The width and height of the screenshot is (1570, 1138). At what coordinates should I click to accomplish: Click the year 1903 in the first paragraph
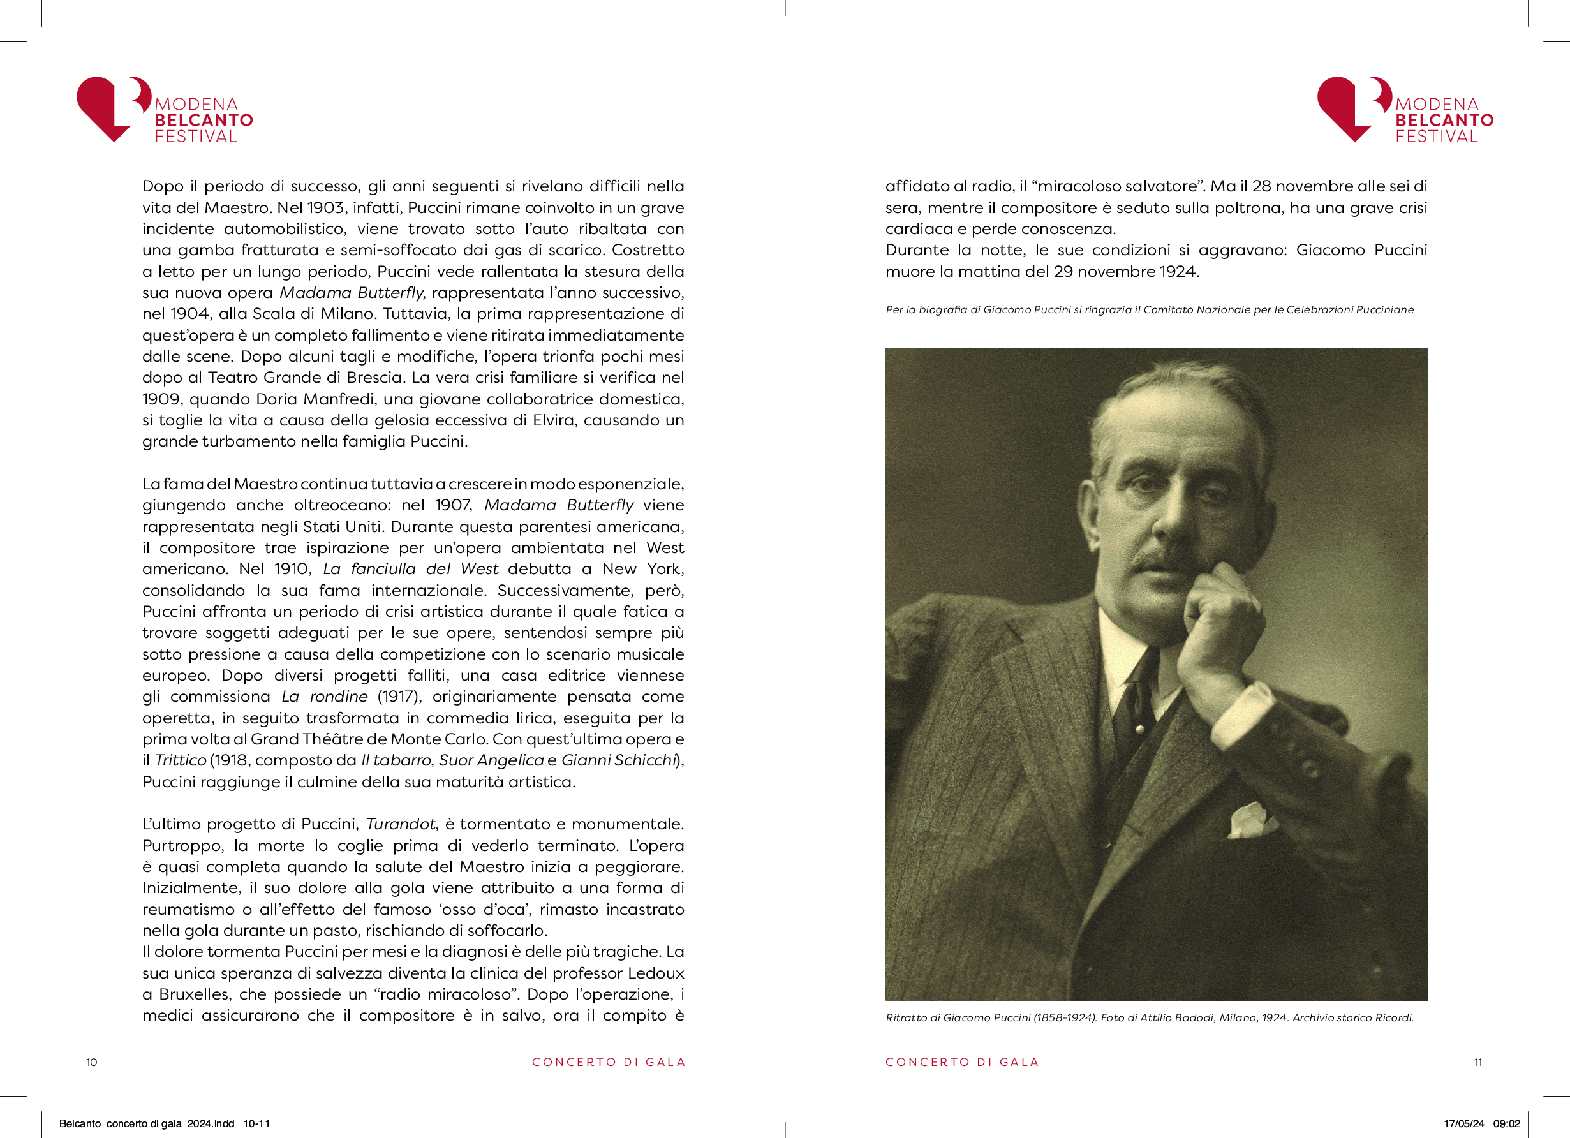325,208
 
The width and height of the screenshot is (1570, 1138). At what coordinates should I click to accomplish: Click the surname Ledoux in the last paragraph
656,973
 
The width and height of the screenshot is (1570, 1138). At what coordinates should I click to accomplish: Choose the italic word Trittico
181,760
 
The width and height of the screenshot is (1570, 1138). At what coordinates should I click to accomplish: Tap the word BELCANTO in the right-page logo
1444,121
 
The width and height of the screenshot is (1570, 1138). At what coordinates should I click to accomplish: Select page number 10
91,1063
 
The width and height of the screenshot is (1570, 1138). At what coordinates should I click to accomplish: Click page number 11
1478,1063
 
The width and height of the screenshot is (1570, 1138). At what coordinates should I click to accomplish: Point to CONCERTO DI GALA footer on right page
962,1063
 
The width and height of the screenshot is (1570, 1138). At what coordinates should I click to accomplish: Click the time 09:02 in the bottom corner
1506,1123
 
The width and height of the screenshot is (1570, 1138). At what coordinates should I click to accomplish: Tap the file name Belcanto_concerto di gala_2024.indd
147,1123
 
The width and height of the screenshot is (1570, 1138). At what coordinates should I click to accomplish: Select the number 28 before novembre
1261,186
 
